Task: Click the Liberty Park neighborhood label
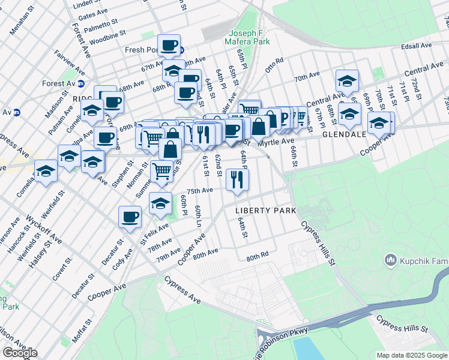tap(266, 211)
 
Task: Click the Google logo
tap(20, 353)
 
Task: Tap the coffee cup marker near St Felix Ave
tap(130, 217)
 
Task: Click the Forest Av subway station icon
tap(80, 83)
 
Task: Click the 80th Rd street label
tap(256, 257)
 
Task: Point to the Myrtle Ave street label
tap(276, 141)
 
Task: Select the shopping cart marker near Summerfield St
tap(161, 172)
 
